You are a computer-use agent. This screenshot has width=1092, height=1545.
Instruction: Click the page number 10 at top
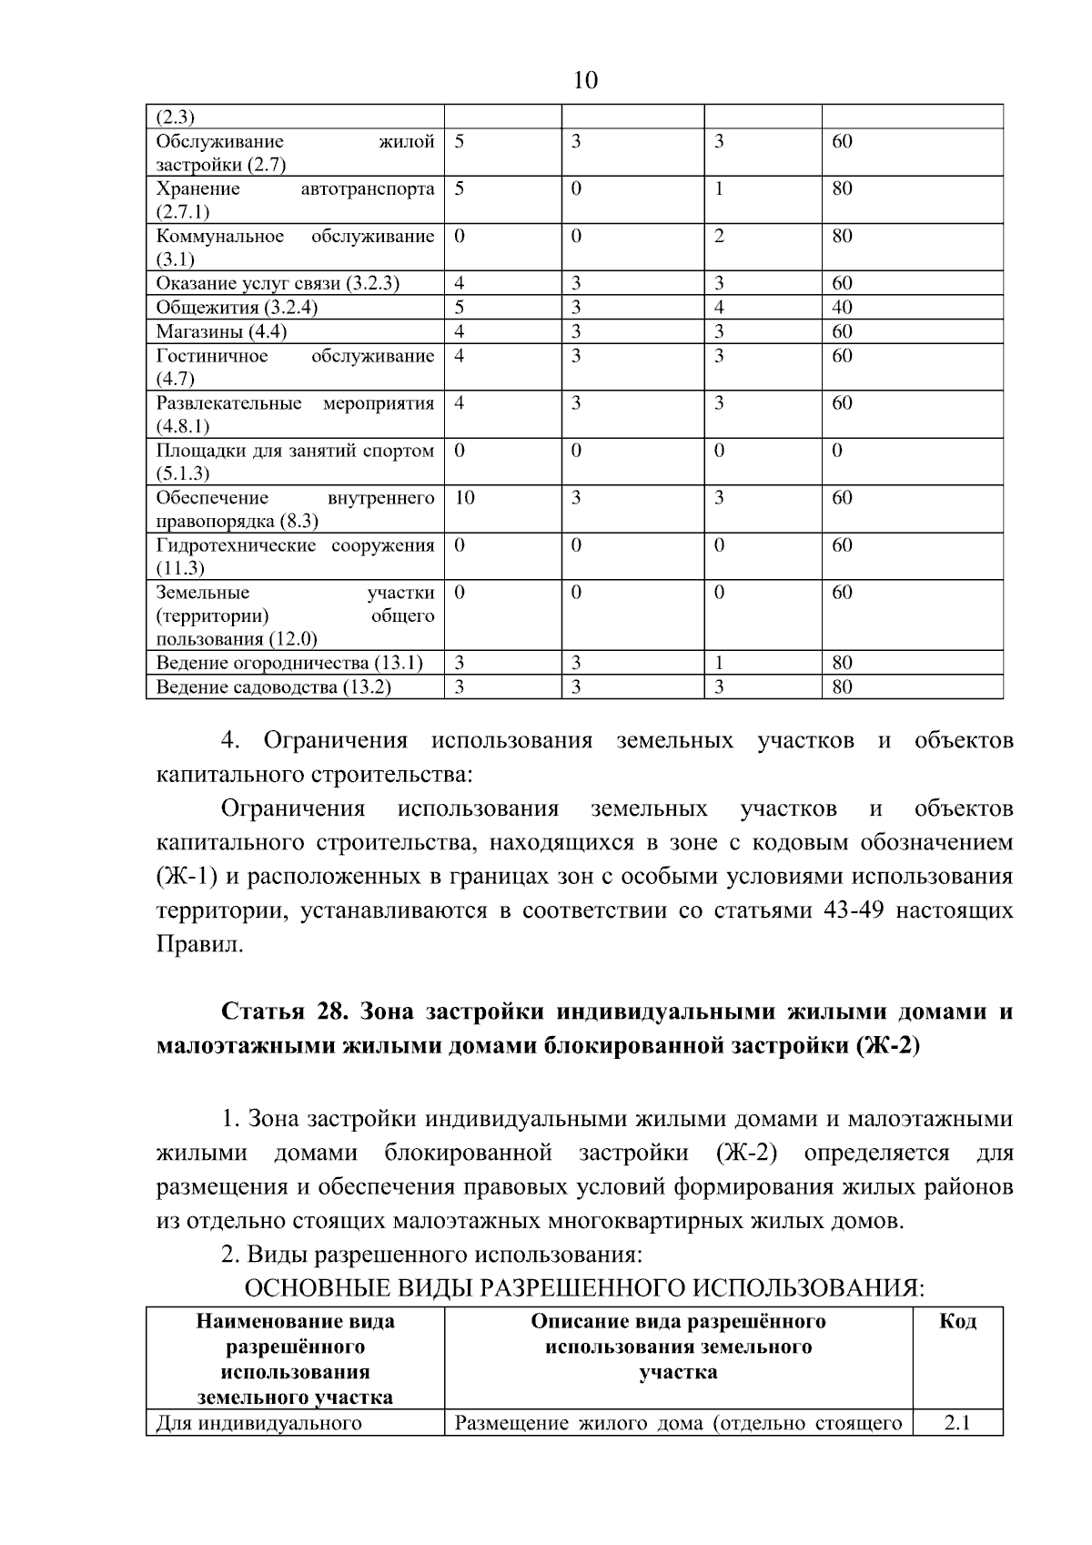586,81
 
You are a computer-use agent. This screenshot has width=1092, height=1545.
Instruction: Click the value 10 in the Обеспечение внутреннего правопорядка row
464,498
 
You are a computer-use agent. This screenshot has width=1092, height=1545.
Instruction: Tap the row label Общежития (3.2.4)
237,308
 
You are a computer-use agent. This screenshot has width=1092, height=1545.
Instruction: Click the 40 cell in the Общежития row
842,308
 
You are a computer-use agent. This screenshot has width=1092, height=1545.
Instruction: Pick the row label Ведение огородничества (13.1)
289,663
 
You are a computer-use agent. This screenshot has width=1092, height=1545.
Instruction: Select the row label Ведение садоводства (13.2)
273,687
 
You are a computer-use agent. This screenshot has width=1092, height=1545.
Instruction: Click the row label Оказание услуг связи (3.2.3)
278,283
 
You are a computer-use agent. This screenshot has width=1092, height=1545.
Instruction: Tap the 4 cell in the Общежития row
719,308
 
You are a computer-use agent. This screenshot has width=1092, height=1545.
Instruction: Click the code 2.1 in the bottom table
956,1422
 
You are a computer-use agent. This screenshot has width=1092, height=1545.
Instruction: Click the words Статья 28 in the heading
280,1012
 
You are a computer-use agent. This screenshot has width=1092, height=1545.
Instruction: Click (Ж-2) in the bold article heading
888,1046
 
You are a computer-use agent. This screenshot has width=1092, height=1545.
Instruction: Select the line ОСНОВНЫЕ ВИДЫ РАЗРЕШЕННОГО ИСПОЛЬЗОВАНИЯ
585,1289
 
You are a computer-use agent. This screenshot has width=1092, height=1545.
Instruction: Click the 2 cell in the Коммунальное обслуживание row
719,237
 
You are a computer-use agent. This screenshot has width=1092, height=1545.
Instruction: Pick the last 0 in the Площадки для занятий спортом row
837,451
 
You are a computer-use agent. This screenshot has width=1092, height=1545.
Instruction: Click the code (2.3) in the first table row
176,117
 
